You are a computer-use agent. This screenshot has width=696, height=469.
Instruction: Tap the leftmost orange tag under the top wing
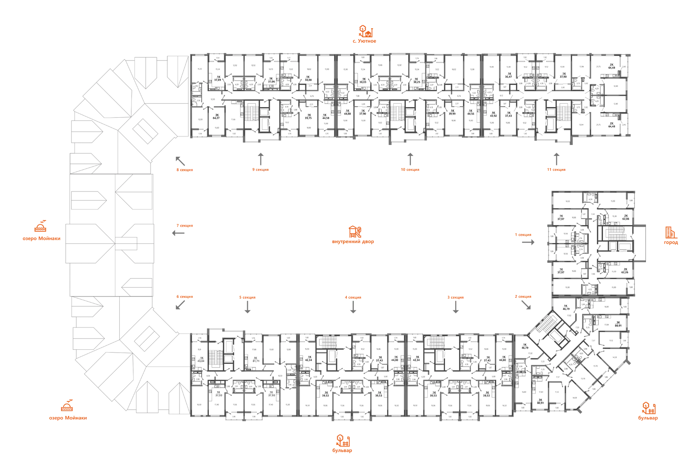tap(184, 170)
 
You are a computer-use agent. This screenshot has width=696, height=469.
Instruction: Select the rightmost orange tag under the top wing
tap(556, 170)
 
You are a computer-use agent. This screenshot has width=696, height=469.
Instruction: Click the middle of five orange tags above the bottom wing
tap(353, 298)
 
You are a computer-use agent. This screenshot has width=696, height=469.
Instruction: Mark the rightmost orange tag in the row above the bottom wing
tap(523, 297)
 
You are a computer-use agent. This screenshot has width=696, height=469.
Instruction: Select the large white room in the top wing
tap(344, 70)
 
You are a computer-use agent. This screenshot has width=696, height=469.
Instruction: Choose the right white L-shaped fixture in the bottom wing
tap(463, 350)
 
